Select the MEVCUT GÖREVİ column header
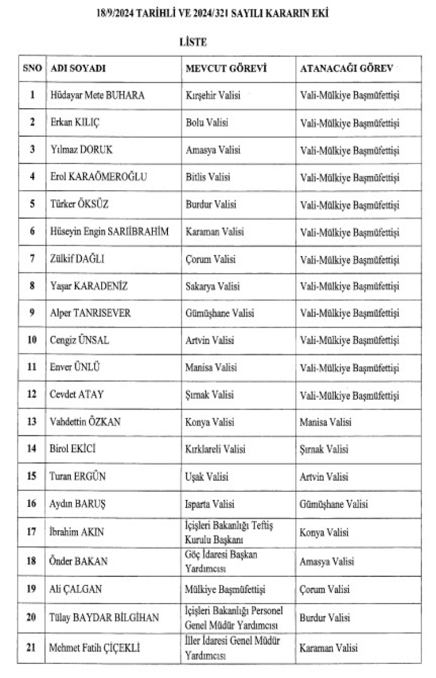click(x=226, y=68)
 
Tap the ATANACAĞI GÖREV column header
click(x=346, y=68)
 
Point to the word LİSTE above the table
click(x=193, y=42)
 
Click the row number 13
click(x=33, y=422)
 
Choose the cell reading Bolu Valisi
click(x=207, y=122)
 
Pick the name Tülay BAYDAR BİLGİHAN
click(x=105, y=618)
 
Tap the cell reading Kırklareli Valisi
click(x=216, y=449)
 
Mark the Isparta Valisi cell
click(x=210, y=504)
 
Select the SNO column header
click(x=33, y=68)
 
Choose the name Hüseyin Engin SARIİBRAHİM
click(x=109, y=231)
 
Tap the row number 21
click(x=33, y=647)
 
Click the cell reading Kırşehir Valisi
click(x=213, y=95)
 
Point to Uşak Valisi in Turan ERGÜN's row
click(x=208, y=477)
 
